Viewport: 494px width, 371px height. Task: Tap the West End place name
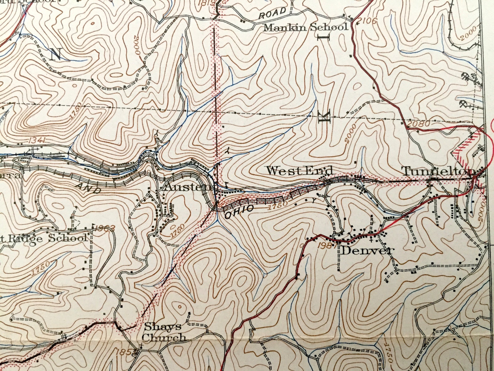299,171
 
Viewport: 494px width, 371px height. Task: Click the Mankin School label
305,27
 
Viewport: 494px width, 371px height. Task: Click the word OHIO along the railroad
239,212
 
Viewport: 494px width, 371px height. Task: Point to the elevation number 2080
418,124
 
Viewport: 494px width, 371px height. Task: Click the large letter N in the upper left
56,55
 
